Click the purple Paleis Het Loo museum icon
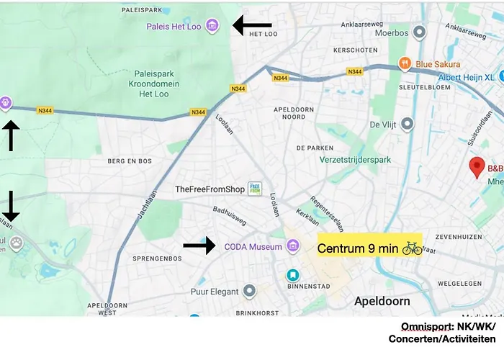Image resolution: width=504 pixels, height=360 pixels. click(212, 26)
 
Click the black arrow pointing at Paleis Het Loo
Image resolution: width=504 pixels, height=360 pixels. click(252, 26)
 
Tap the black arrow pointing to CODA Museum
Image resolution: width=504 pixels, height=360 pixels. click(199, 246)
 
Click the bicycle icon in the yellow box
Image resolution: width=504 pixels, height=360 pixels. click(412, 248)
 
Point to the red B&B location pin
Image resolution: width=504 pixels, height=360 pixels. click(476, 169)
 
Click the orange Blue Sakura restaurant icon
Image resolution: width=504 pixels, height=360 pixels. click(405, 63)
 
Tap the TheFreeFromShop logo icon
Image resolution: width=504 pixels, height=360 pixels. click(255, 189)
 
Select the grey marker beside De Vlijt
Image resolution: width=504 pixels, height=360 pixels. click(408, 124)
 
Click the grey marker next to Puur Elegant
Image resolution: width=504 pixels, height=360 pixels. click(249, 291)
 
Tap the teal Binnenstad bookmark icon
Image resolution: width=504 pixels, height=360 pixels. click(292, 275)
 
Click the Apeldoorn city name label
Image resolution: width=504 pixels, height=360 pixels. click(382, 301)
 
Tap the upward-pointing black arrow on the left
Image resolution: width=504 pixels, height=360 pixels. click(11, 136)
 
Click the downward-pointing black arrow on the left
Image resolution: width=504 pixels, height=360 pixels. click(11, 206)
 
